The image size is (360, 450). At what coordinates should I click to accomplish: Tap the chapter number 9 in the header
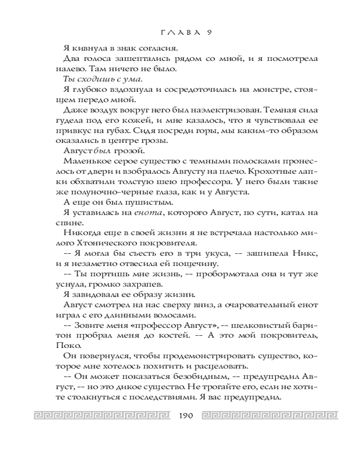pos(209,32)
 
